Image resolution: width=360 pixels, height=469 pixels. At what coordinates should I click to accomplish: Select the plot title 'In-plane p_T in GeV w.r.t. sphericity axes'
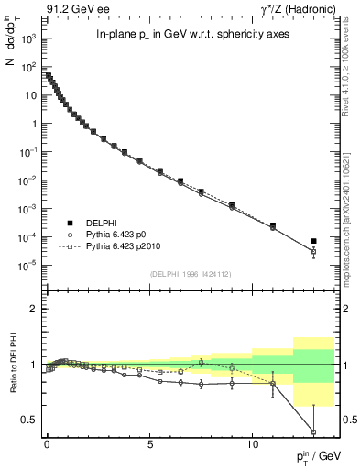178,35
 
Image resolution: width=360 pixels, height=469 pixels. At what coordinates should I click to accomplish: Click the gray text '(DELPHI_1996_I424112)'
190,271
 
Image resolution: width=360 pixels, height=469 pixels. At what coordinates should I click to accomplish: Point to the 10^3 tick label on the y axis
29,39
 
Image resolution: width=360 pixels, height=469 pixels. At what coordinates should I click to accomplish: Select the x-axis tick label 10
252,442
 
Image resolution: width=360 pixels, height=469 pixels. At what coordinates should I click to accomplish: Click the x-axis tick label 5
149,442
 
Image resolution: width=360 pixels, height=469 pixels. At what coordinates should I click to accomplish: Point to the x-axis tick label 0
47,442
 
